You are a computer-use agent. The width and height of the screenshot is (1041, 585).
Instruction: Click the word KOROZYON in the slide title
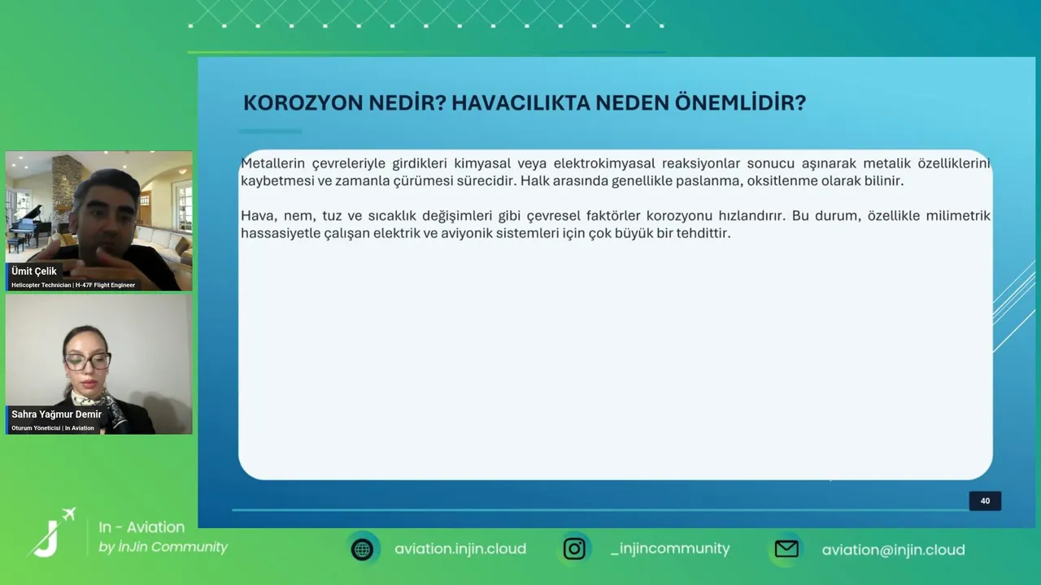tap(303, 102)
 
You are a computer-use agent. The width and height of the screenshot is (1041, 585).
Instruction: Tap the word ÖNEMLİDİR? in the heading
tap(740, 102)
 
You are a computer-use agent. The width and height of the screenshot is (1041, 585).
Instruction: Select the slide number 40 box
tap(985, 501)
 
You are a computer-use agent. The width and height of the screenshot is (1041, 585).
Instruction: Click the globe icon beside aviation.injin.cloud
tap(363, 549)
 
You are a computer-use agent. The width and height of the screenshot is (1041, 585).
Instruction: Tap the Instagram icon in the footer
tap(574, 548)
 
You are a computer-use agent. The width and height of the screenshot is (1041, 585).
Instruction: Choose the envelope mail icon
tap(786, 549)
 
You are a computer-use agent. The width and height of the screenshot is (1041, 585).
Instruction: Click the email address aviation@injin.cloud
tap(893, 550)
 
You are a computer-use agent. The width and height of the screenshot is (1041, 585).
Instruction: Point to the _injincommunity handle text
tap(670, 548)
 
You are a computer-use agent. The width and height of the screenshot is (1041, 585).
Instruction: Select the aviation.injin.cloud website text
tap(460, 548)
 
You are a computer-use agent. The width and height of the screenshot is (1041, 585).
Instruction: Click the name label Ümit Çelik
tap(34, 271)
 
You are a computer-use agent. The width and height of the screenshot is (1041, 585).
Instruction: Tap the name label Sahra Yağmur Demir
tap(56, 414)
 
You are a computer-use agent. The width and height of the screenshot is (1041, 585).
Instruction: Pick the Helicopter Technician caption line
tap(73, 285)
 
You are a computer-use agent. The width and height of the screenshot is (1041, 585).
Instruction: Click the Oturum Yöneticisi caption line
tap(53, 428)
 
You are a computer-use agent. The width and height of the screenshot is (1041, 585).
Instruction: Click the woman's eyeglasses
tap(87, 362)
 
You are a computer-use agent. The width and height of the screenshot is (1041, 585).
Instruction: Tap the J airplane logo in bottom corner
tap(51, 532)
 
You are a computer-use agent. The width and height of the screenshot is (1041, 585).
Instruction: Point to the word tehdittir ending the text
tap(703, 233)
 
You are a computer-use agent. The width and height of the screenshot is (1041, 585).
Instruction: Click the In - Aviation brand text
tap(142, 527)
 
